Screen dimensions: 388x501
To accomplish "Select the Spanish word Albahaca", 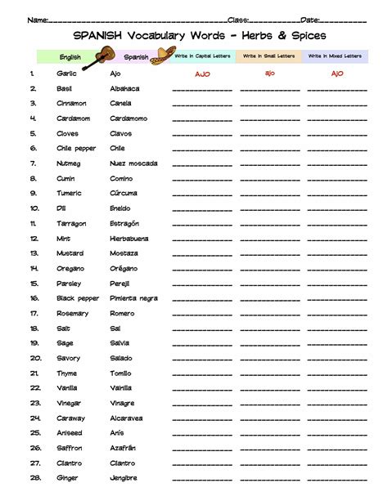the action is pos(124,88).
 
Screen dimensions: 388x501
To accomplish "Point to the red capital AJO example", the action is pos(202,74).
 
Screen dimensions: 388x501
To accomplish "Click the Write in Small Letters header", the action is pos(268,56).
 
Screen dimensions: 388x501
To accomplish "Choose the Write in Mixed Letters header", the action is pos(336,56).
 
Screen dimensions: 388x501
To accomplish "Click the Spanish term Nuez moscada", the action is pos(133,163).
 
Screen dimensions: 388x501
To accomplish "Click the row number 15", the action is pos(34,283).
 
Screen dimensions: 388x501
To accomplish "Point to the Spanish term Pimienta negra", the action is pos(133,298).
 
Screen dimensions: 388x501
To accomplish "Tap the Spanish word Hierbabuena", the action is pos(131,238).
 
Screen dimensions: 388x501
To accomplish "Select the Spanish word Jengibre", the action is pos(124,477).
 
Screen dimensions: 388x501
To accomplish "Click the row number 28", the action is pos(34,477).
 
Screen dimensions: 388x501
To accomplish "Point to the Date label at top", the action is pos(310,19).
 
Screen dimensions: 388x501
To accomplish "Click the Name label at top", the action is pos(36,19).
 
